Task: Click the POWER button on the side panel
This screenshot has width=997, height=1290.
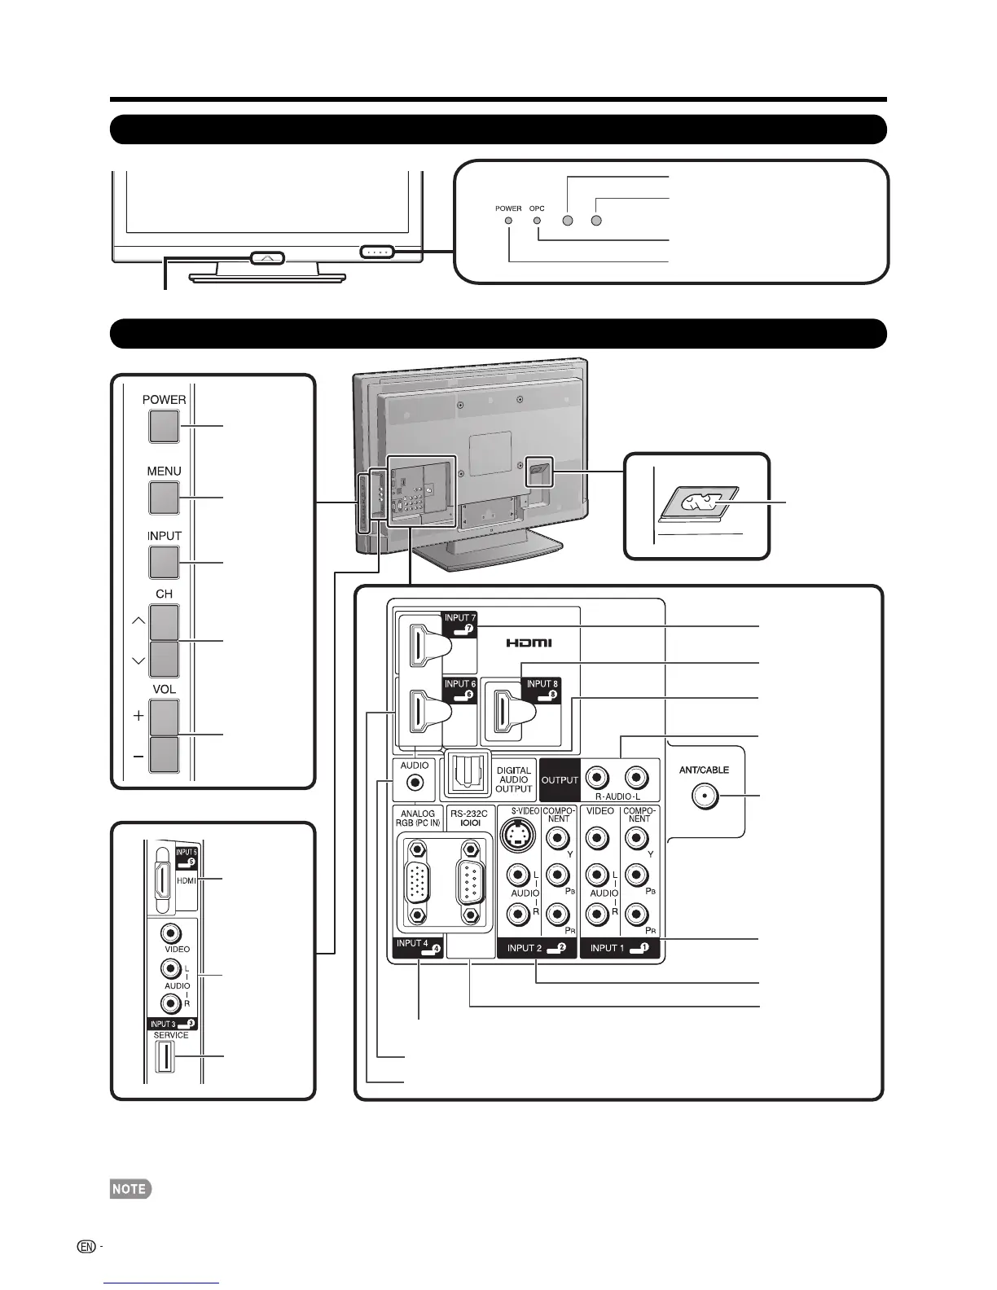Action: click(x=164, y=426)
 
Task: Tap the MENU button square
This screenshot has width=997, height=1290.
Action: click(x=164, y=498)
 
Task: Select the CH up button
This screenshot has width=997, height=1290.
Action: click(x=164, y=623)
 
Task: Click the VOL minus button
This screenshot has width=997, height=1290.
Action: click(x=164, y=753)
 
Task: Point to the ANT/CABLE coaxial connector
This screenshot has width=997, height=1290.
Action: click(x=705, y=796)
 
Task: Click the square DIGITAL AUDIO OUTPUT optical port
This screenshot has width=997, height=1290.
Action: click(x=463, y=777)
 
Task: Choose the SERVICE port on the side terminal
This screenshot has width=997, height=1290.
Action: click(x=164, y=1056)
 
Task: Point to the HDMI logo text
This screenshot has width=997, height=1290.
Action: click(x=529, y=643)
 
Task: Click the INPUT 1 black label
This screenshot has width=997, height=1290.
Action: click(x=619, y=948)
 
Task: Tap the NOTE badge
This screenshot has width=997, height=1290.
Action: click(x=130, y=1189)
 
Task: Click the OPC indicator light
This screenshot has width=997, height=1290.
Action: click(x=538, y=220)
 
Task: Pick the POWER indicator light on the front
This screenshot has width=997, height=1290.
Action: click(x=509, y=220)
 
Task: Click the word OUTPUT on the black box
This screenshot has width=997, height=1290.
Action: click(x=560, y=779)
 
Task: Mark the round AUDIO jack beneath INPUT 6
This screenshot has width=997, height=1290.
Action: click(x=415, y=783)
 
